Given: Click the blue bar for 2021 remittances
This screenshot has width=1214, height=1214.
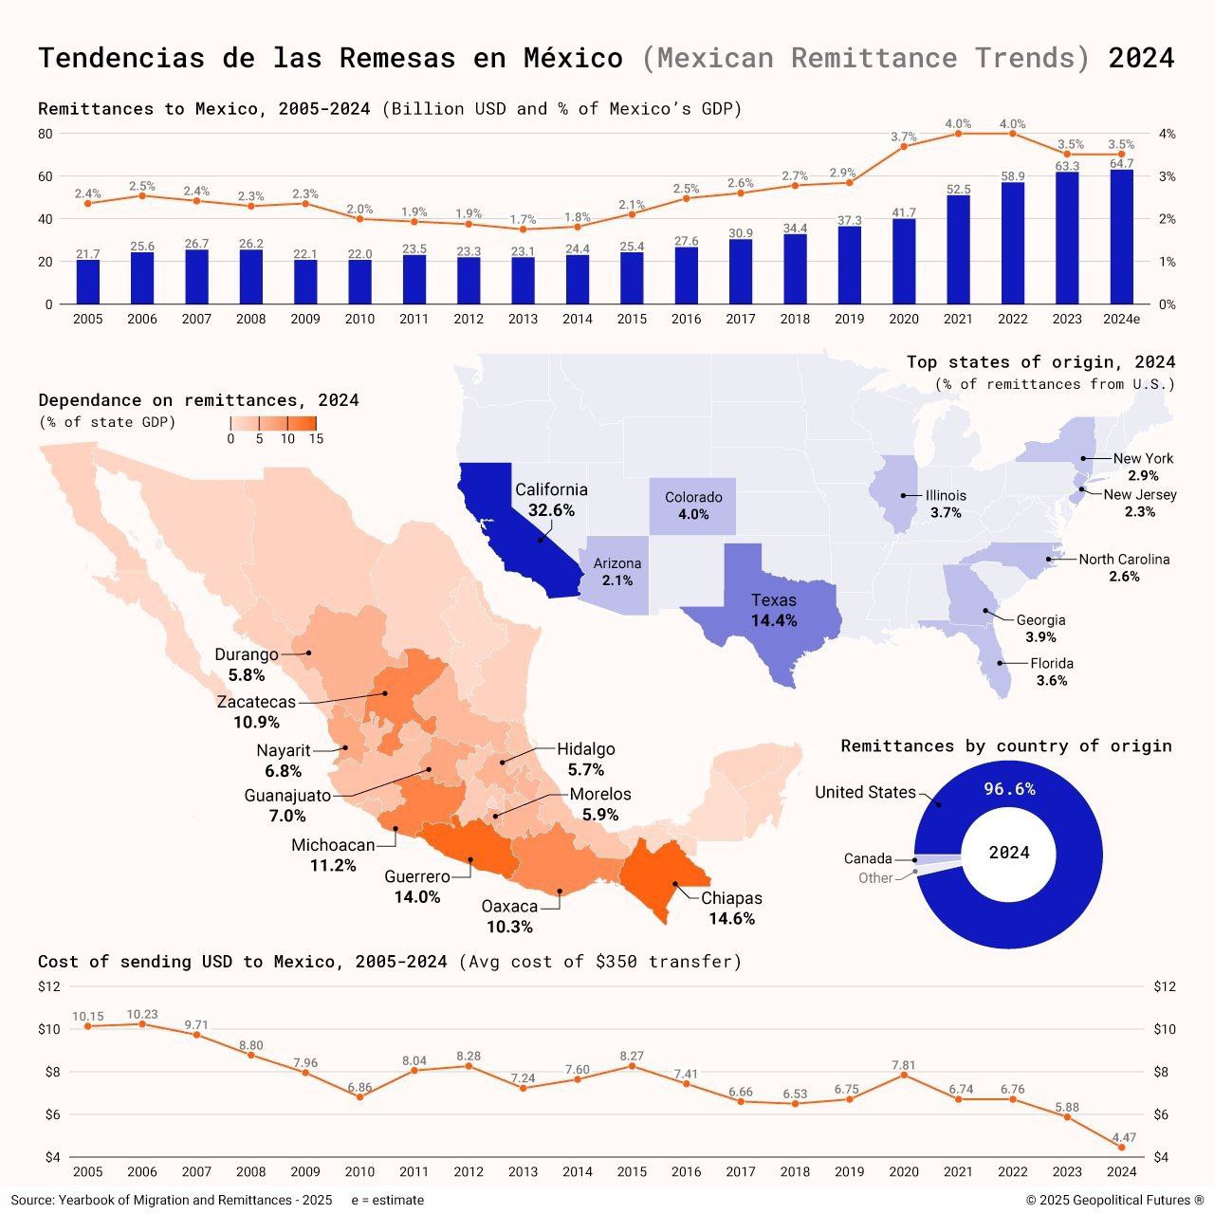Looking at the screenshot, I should (x=958, y=249).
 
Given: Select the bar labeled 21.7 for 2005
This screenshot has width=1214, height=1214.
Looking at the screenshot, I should (x=88, y=282).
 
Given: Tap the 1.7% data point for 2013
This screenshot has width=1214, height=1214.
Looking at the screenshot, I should (x=523, y=229).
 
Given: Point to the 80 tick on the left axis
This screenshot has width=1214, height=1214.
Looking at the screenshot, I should (x=46, y=134).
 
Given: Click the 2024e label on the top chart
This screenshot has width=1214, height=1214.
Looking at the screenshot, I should (x=1121, y=320).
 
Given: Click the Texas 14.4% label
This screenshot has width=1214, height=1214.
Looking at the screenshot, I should (x=774, y=611).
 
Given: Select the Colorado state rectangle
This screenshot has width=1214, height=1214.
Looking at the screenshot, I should (x=692, y=506).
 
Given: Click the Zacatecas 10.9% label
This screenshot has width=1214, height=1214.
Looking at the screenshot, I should (x=256, y=712).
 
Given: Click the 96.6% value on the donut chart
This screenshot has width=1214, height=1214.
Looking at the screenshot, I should (x=1009, y=789).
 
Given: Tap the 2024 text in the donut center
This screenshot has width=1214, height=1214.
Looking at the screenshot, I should (x=1009, y=853).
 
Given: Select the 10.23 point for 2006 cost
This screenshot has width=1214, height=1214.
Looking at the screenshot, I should (x=142, y=1024).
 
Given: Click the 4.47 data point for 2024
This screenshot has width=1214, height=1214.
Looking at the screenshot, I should (x=1121, y=1147).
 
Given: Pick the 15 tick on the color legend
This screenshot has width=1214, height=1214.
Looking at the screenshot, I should (x=316, y=439).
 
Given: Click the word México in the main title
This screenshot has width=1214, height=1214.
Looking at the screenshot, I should (x=573, y=58).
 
